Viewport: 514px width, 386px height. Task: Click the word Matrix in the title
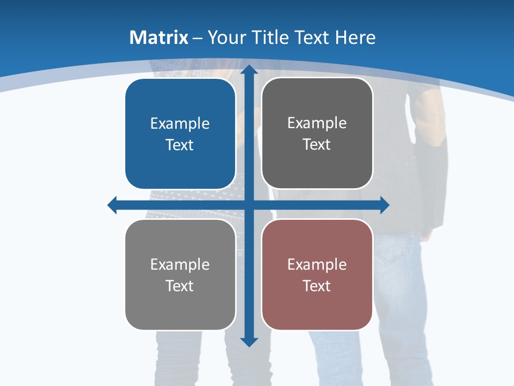[x=158, y=38]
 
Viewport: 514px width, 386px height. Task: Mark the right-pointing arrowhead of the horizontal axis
[x=384, y=205]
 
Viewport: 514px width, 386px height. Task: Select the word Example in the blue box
[x=180, y=124]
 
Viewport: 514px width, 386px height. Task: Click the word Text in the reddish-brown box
[x=317, y=286]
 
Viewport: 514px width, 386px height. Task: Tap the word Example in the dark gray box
[x=317, y=123]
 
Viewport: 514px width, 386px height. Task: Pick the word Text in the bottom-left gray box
[x=180, y=286]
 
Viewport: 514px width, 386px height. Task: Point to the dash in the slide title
[x=198, y=38]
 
